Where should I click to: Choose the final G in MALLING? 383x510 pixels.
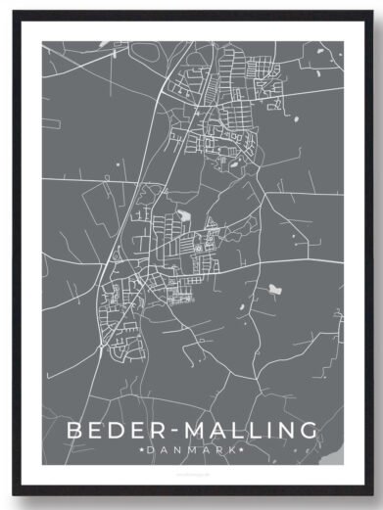click(309, 431)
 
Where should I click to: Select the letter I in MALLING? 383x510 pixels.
click(266, 431)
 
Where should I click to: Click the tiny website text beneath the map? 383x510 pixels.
click(192, 471)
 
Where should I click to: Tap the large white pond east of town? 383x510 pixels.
click(275, 290)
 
